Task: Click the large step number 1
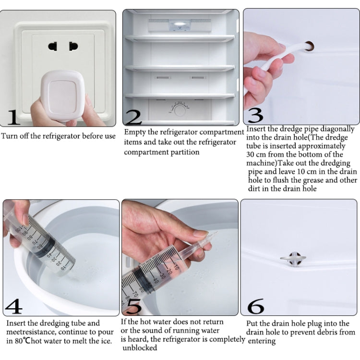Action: [x=13, y=117]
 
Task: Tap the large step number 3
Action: [x=255, y=116]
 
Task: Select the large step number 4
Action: [x=13, y=306]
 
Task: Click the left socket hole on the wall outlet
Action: [x=52, y=47]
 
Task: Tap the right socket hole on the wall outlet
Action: [x=73, y=47]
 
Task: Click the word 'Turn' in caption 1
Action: [x=10, y=136]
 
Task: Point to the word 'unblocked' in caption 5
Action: [x=140, y=348]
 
